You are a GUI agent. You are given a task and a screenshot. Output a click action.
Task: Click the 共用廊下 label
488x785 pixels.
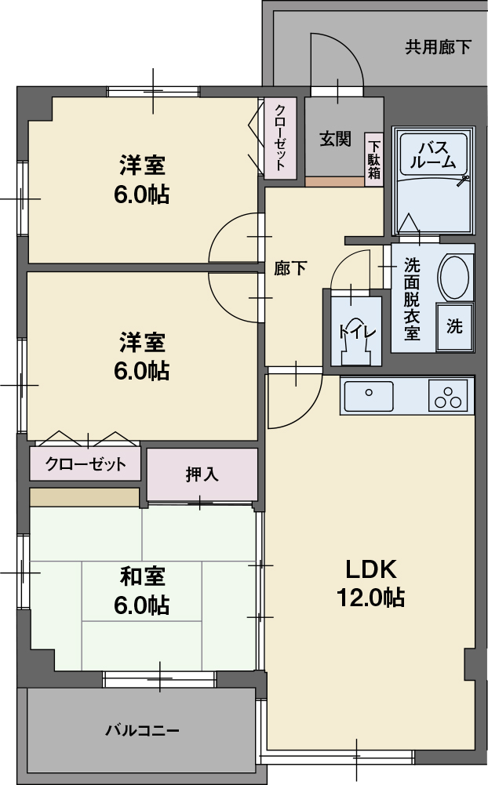(x=438, y=47)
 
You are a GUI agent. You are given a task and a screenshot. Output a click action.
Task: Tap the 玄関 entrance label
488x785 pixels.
(x=334, y=140)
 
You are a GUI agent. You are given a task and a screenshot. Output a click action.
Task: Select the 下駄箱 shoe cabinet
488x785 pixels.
(x=374, y=159)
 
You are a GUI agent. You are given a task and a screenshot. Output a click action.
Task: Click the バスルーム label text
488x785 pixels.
(x=432, y=154)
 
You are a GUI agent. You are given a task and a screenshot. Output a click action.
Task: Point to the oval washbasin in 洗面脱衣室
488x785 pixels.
(x=453, y=277)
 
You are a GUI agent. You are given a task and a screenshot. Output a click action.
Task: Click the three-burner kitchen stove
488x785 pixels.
(x=448, y=395)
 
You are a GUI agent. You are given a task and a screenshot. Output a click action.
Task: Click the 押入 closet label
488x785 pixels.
(x=202, y=474)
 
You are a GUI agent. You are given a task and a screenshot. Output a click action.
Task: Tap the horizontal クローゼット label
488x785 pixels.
(x=86, y=464)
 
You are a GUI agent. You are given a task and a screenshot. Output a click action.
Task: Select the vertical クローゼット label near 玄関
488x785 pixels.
(x=280, y=138)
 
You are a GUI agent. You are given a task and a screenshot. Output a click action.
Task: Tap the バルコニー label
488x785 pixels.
(x=143, y=731)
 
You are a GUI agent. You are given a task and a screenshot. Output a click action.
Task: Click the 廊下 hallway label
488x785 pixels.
(x=290, y=268)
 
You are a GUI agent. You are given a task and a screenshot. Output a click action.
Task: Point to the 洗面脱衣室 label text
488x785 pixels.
(x=411, y=299)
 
